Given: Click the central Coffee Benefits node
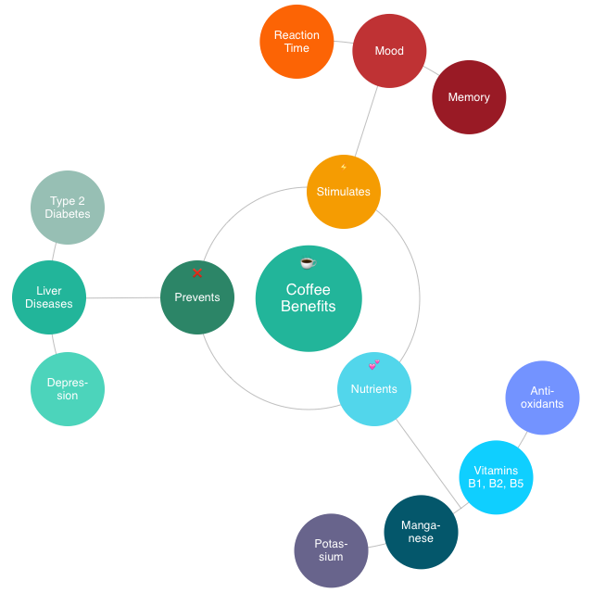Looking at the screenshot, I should (309, 298).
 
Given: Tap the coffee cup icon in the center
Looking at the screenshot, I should (308, 263).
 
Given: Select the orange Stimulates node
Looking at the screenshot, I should (344, 192).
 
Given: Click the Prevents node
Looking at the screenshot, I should (197, 297).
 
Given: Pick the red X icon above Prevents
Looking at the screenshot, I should (197, 273).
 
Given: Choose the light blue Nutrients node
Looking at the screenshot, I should (374, 389).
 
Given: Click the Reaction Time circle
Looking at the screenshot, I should (296, 42).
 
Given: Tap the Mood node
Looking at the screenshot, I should (389, 51).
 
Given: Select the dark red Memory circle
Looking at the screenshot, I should (469, 97).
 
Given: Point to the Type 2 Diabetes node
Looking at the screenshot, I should (68, 208).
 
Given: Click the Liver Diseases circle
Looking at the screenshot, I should (49, 297).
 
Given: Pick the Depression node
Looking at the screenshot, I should (68, 389).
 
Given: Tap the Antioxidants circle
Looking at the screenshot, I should (542, 397).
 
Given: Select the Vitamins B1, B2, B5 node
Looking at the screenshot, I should (496, 477).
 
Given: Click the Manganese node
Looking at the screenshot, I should (421, 532).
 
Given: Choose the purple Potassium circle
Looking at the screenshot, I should (331, 550).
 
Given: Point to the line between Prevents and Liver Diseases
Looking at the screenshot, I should (123, 298).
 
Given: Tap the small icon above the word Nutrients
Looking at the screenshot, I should (373, 364).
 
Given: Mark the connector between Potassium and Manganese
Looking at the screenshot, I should (375, 545).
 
